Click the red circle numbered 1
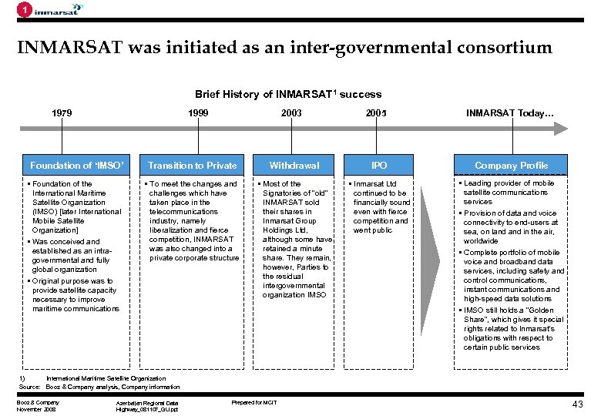coord(25,10)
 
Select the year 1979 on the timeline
coord(62,114)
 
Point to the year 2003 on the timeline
coord(291,114)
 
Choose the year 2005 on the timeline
coord(376,114)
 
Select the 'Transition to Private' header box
coord(192,165)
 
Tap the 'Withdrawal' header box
coord(294,165)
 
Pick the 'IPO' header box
coord(379,165)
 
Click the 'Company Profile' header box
coord(511,165)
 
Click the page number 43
coord(577,404)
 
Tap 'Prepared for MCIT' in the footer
coord(254,402)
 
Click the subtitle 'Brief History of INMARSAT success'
coord(287,94)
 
